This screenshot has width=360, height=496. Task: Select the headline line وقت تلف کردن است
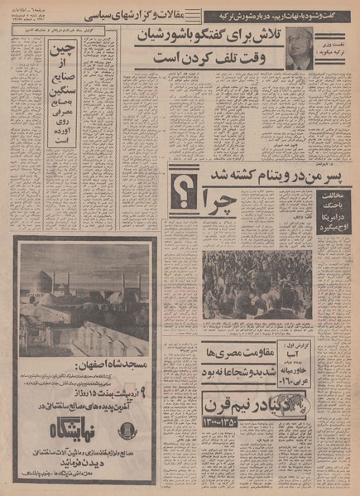click(221, 59)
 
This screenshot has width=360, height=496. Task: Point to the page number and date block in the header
click(44, 17)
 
